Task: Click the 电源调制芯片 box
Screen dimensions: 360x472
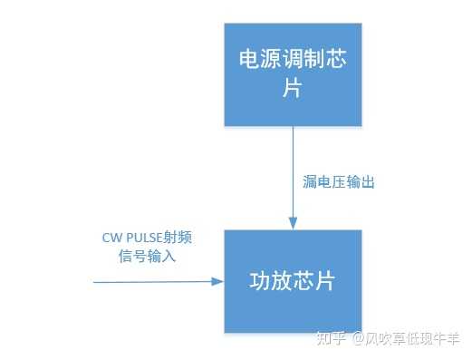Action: [x=293, y=73]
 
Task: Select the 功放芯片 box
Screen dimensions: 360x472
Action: [x=293, y=280]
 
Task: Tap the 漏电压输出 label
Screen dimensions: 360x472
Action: [x=338, y=182]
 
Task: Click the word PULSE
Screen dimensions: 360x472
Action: [x=144, y=238]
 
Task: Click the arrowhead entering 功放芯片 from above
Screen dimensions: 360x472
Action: [x=293, y=223]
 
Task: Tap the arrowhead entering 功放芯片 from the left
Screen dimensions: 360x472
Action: [x=217, y=282]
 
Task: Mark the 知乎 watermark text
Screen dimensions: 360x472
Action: [x=333, y=339]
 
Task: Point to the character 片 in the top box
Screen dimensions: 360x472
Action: [x=293, y=91]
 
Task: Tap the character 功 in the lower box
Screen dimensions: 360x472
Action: [x=260, y=280]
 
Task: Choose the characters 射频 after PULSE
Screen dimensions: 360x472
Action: [x=179, y=238]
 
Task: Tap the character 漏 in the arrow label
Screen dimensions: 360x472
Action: [x=308, y=182]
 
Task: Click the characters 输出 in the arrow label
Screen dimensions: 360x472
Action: [x=361, y=182]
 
